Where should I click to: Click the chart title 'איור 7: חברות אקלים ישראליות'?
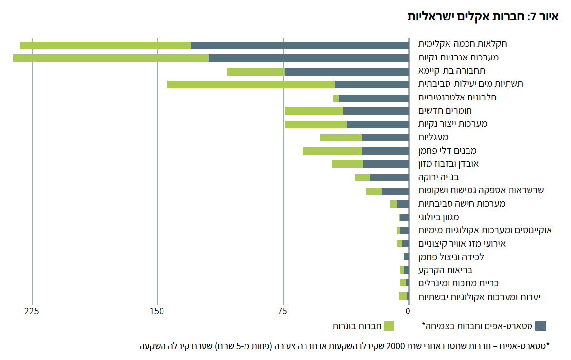point(483,16)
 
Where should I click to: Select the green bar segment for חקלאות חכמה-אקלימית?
point(105,45)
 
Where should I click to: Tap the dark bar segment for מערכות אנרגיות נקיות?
point(308,58)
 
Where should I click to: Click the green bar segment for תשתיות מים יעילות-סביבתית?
point(251,84)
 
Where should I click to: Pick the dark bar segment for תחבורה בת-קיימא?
point(347,72)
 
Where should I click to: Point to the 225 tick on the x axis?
point(32,311)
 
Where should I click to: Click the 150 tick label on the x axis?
point(157,311)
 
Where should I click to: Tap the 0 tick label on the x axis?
point(408,311)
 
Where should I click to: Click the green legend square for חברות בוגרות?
point(388,326)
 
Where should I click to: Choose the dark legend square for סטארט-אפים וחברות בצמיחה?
point(540,326)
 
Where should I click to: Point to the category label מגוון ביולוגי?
point(438,217)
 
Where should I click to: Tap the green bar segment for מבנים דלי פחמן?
point(332,151)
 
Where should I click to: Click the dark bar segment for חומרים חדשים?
point(376,111)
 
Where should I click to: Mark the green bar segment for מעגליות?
point(341,138)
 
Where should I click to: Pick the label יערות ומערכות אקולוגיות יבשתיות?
point(479,297)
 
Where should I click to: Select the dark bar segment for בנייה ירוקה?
point(389,178)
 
